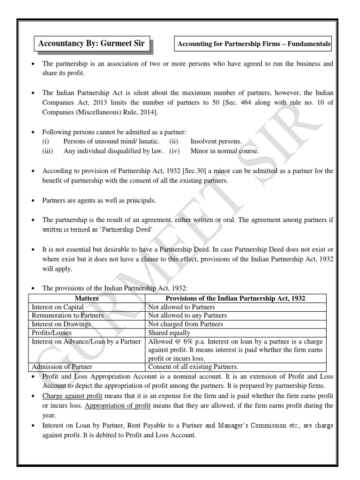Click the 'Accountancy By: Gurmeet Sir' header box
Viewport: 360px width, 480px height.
click(91, 44)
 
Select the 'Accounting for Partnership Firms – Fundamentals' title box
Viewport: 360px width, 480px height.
click(253, 45)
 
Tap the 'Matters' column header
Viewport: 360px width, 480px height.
click(87, 298)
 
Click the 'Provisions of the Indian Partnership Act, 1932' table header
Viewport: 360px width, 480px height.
click(239, 298)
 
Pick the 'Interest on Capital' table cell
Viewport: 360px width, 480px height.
click(58, 307)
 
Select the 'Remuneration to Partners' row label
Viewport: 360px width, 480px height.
click(67, 315)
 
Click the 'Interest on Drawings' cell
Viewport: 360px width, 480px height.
click(61, 324)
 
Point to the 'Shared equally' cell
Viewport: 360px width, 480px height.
click(169, 333)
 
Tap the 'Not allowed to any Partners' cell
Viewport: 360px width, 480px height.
click(187, 315)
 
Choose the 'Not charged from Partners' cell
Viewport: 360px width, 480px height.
click(186, 324)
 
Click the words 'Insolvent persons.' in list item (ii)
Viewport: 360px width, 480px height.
click(216, 141)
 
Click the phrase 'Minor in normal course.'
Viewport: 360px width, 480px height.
click(225, 150)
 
